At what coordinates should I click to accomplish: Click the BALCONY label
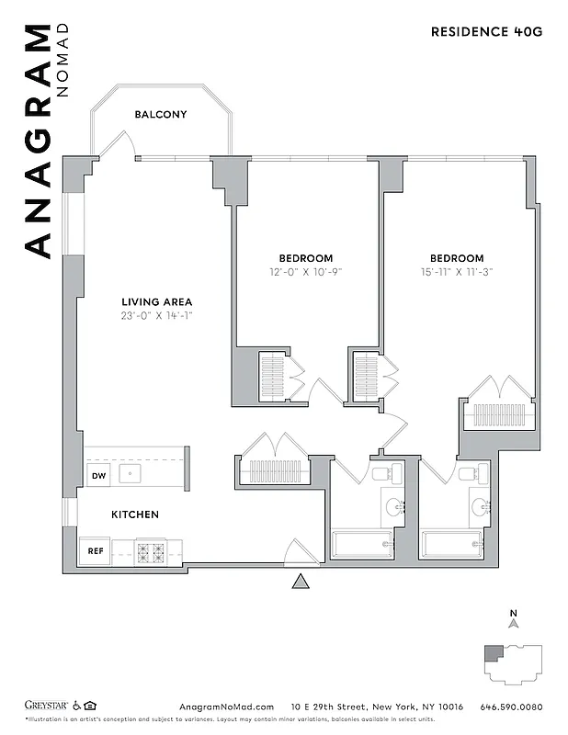tap(161, 115)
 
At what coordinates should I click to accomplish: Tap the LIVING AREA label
tap(157, 301)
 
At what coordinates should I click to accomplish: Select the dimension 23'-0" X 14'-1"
tap(157, 316)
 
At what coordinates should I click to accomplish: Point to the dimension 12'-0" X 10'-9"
tap(306, 272)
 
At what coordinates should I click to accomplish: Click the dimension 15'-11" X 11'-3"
tap(456, 272)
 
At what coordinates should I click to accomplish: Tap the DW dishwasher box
tap(98, 475)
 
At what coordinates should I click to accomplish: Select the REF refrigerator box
tap(96, 551)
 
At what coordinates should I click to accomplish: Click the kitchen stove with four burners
tap(151, 552)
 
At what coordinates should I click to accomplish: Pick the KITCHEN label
tap(136, 514)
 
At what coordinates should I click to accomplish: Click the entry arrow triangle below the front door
tap(299, 582)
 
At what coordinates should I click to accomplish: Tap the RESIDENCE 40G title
tap(487, 31)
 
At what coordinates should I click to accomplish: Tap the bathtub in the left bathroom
tap(362, 544)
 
